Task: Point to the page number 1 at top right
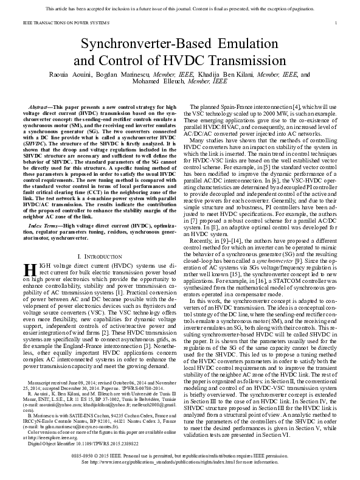click(x=336, y=22)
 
